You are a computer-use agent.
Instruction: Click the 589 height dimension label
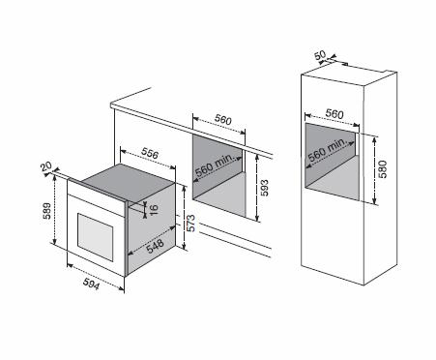tap(47, 211)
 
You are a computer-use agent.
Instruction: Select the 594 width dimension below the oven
tap(92, 284)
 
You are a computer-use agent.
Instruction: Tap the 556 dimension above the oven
tap(150, 154)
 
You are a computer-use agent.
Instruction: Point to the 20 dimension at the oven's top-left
tap(46, 166)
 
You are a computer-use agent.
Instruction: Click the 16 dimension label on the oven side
tap(154, 209)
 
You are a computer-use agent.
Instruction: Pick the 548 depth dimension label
tap(156, 247)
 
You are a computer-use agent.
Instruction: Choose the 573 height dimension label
tap(190, 223)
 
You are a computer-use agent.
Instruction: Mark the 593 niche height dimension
tap(264, 188)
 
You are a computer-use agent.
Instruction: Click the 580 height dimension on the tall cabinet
tap(383, 169)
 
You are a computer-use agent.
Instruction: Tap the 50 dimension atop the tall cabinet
tap(320, 55)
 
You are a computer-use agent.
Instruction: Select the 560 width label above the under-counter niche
tap(223, 120)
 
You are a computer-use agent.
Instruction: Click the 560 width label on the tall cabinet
tap(334, 113)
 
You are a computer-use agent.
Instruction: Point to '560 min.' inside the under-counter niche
tap(214, 165)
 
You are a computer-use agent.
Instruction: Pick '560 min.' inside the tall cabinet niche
tap(327, 150)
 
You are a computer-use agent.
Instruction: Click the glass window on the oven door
tap(95, 236)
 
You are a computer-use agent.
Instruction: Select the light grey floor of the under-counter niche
tap(219, 195)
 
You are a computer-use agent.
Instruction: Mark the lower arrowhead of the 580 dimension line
tap(374, 201)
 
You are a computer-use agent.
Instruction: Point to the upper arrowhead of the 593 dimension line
tap(257, 158)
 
